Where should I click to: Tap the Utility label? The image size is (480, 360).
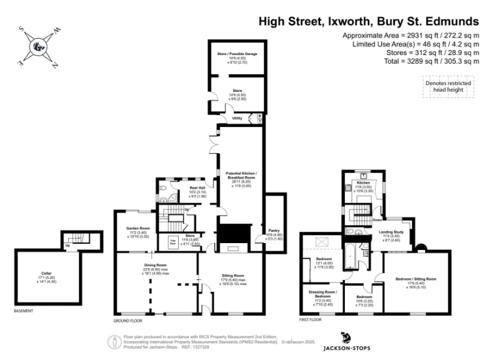pos(237,117)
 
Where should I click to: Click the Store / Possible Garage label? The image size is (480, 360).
pos(232,54)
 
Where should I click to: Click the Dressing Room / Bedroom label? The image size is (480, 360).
pos(322,291)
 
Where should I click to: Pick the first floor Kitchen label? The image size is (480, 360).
pos(364,182)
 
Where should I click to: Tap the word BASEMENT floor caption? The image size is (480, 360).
pos(24,311)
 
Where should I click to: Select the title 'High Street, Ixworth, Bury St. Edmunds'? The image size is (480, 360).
pos(369,22)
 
